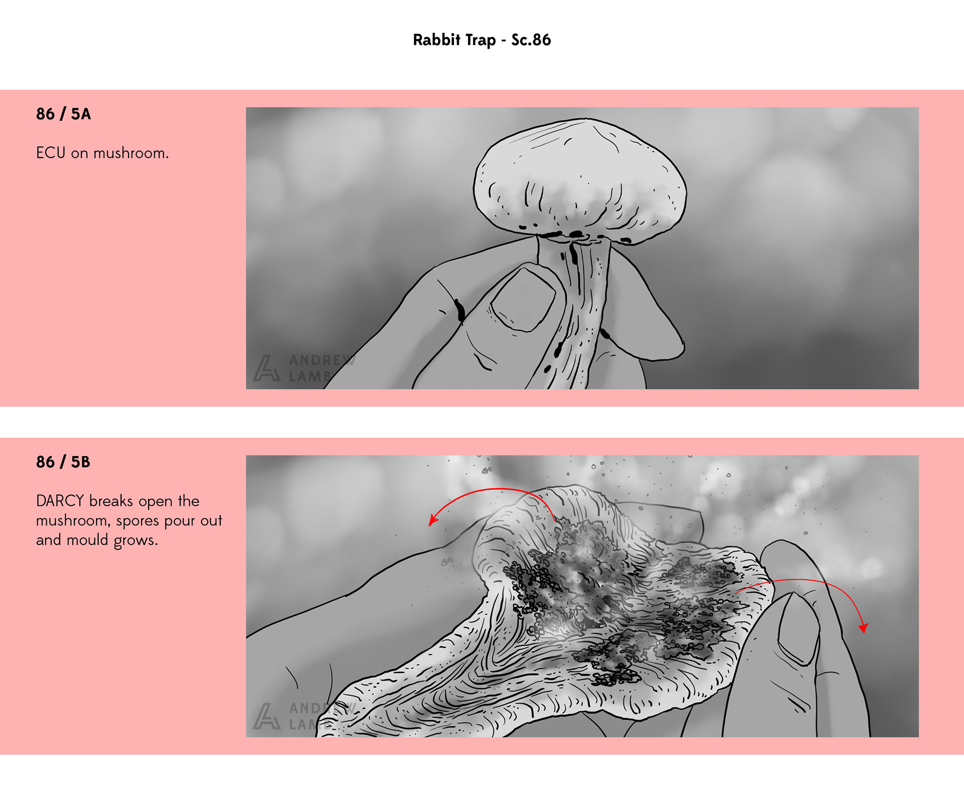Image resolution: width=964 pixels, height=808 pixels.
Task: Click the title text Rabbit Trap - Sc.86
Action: tap(481, 40)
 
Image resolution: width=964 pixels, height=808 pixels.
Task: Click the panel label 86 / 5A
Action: tap(63, 114)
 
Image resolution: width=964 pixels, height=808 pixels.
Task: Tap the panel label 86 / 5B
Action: tap(63, 462)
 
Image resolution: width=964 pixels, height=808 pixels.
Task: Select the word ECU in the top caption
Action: tap(51, 153)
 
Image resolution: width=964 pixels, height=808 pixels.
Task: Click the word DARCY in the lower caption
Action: tap(60, 501)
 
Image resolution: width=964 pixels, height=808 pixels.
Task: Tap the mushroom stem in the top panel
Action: tap(577, 311)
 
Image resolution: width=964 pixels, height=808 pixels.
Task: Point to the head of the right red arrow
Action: tap(864, 627)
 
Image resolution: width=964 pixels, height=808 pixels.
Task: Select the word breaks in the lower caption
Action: tap(111, 501)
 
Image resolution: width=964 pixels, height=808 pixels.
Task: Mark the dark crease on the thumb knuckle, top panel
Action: tap(459, 310)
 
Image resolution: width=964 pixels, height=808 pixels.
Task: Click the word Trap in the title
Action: tap(480, 40)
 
